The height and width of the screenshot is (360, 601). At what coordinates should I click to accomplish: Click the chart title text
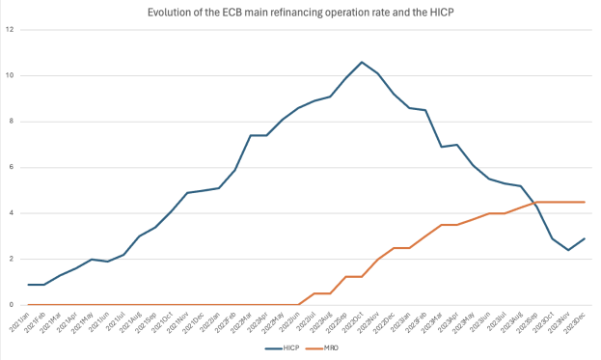[301, 12]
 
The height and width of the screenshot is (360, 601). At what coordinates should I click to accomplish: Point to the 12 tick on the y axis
[11, 30]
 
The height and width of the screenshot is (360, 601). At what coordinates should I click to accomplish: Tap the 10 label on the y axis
[11, 75]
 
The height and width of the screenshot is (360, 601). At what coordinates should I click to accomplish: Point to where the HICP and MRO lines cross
[534, 203]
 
